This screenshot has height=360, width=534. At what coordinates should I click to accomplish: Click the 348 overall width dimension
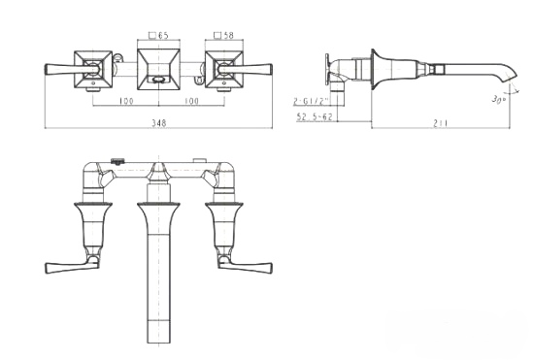click(158, 123)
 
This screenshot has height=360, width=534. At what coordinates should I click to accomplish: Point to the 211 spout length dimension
click(440, 123)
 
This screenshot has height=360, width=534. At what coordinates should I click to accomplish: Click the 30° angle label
click(498, 99)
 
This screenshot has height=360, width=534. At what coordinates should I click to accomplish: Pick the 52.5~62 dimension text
click(315, 116)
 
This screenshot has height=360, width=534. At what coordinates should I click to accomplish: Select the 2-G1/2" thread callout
click(311, 100)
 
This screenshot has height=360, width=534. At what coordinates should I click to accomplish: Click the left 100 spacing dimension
click(126, 101)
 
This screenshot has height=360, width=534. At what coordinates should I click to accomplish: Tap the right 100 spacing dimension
click(191, 101)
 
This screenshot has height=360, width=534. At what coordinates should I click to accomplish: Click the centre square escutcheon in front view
click(158, 69)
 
